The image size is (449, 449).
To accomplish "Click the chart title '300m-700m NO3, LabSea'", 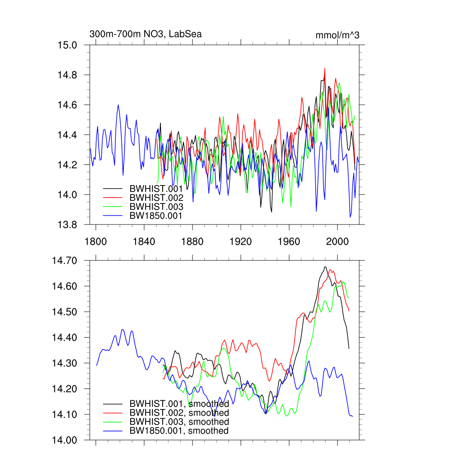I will click(146, 34).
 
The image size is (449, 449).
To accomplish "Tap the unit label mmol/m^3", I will click(337, 35).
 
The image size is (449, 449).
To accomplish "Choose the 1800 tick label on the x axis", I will click(96, 241).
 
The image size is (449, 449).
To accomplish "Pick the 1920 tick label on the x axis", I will click(241, 241).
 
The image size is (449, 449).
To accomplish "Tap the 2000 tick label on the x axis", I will click(337, 241).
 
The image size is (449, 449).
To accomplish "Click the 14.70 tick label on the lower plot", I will click(64, 260).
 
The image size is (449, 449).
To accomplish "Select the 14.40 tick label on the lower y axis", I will click(64, 338).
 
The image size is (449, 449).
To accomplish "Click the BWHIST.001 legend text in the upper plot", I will click(156, 189).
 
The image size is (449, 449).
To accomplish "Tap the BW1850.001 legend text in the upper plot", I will click(156, 215).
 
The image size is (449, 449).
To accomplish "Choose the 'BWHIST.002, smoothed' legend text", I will click(179, 413).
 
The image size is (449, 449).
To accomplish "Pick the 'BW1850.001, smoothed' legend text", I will click(179, 431).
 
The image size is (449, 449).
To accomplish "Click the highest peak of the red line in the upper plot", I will click(324, 68).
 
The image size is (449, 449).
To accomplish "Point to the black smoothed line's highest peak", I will click(325, 267).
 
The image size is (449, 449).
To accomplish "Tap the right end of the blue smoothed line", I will click(352, 416).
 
